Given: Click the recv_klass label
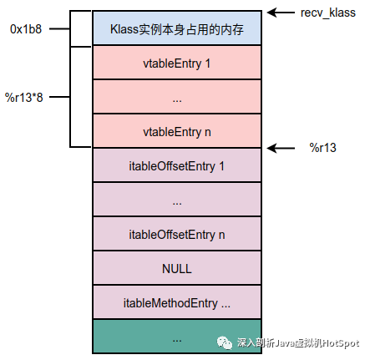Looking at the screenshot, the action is click(x=328, y=13).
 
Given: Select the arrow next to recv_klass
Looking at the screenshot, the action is click(x=281, y=13).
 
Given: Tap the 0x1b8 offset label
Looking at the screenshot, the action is click(x=26, y=29).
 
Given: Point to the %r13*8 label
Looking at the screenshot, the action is click(x=24, y=98).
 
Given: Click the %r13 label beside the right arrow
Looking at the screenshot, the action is click(x=322, y=148).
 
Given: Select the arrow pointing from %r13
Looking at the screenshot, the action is click(x=281, y=148).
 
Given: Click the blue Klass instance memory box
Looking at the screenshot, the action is click(x=177, y=28).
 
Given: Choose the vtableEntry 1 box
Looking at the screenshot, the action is click(x=177, y=63).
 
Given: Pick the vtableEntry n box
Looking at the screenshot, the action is click(x=177, y=131).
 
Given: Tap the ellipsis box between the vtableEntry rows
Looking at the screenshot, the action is click(x=177, y=97).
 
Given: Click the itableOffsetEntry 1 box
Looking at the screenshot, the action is click(x=177, y=165).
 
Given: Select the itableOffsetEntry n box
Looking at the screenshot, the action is click(x=177, y=234).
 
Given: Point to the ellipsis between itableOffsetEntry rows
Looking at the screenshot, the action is click(x=177, y=203).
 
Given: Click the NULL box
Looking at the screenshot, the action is click(x=177, y=268).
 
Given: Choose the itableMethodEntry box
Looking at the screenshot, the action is click(x=177, y=302).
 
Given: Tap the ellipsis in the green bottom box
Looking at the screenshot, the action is click(x=177, y=340).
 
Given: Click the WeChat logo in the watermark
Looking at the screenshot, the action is click(x=225, y=342).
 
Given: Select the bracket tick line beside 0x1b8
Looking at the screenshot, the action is click(x=59, y=28).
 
